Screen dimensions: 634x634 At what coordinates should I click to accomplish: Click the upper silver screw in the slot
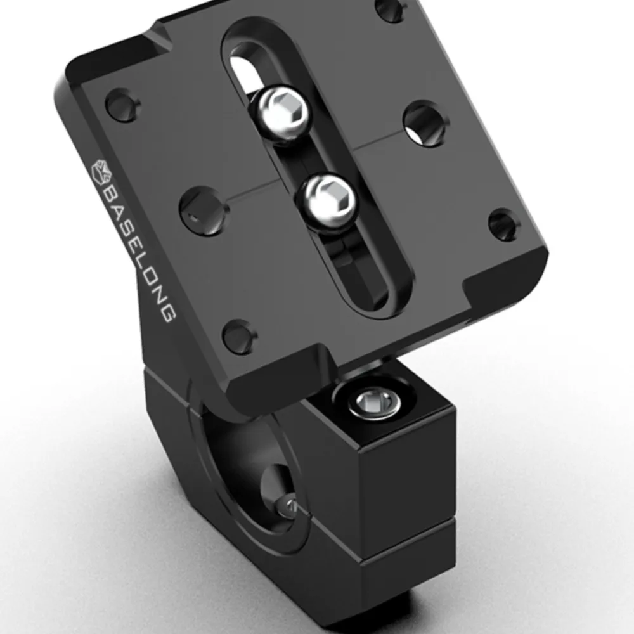pyautogui.click(x=284, y=113)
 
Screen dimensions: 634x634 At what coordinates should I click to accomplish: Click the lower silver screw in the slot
pyautogui.click(x=327, y=198)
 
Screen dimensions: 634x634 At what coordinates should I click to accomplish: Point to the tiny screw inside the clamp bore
pyautogui.click(x=291, y=505)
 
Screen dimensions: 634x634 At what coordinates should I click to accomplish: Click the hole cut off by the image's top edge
pyautogui.click(x=391, y=8)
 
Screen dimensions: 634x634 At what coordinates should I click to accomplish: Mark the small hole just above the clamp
pyautogui.click(x=239, y=335)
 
